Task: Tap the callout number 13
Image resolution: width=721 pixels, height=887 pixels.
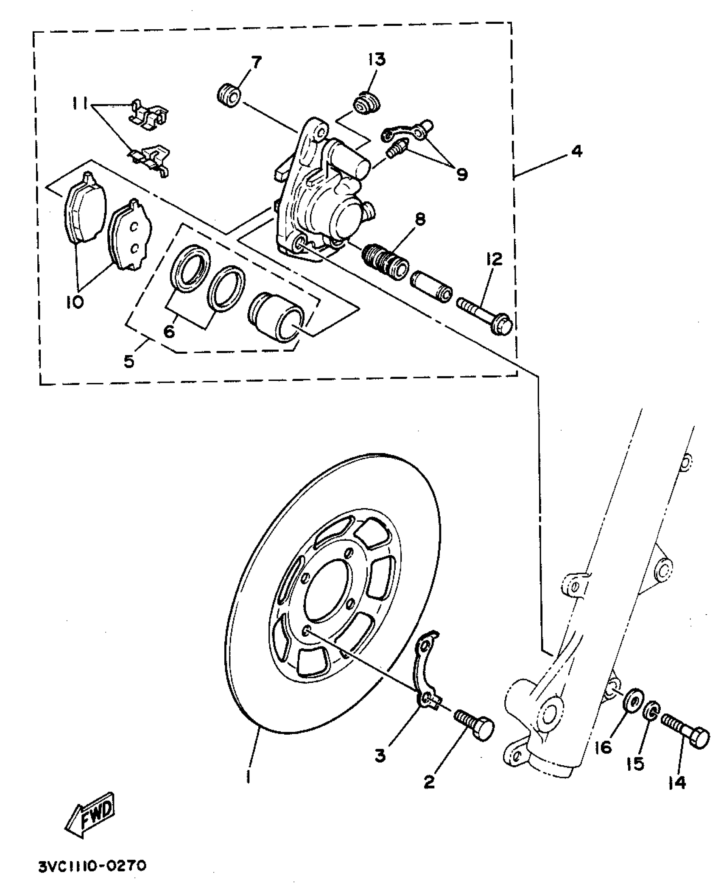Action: [x=376, y=59]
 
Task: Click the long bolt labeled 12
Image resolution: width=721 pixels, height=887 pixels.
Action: [x=485, y=316]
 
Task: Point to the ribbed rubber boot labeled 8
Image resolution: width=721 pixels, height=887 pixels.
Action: [x=386, y=260]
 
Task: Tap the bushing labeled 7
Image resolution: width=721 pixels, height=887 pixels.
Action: [x=229, y=96]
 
